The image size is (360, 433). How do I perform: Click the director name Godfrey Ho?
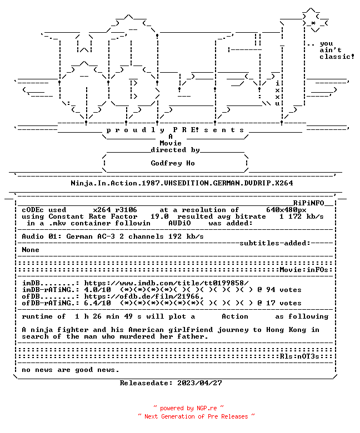(173, 163)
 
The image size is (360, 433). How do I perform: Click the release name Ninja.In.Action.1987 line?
(182, 183)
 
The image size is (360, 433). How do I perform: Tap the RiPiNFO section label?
(308, 203)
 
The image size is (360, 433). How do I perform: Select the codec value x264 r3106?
(115, 210)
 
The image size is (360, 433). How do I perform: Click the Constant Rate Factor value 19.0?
(159, 216)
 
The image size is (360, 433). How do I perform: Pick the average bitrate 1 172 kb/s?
(302, 216)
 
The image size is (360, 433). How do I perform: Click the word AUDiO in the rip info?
(179, 223)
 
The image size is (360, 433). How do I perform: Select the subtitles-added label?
(275, 243)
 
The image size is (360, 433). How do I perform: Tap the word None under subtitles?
(31, 250)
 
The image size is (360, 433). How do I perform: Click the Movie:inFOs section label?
(304, 270)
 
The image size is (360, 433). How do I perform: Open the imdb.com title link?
(166, 283)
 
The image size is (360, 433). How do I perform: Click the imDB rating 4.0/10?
(98, 290)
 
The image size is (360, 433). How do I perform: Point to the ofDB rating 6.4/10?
(98, 303)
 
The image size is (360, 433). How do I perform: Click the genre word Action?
(235, 316)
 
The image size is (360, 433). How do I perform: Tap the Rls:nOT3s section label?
(299, 356)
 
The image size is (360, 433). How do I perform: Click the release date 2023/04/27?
(199, 383)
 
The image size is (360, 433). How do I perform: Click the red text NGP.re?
(207, 408)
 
